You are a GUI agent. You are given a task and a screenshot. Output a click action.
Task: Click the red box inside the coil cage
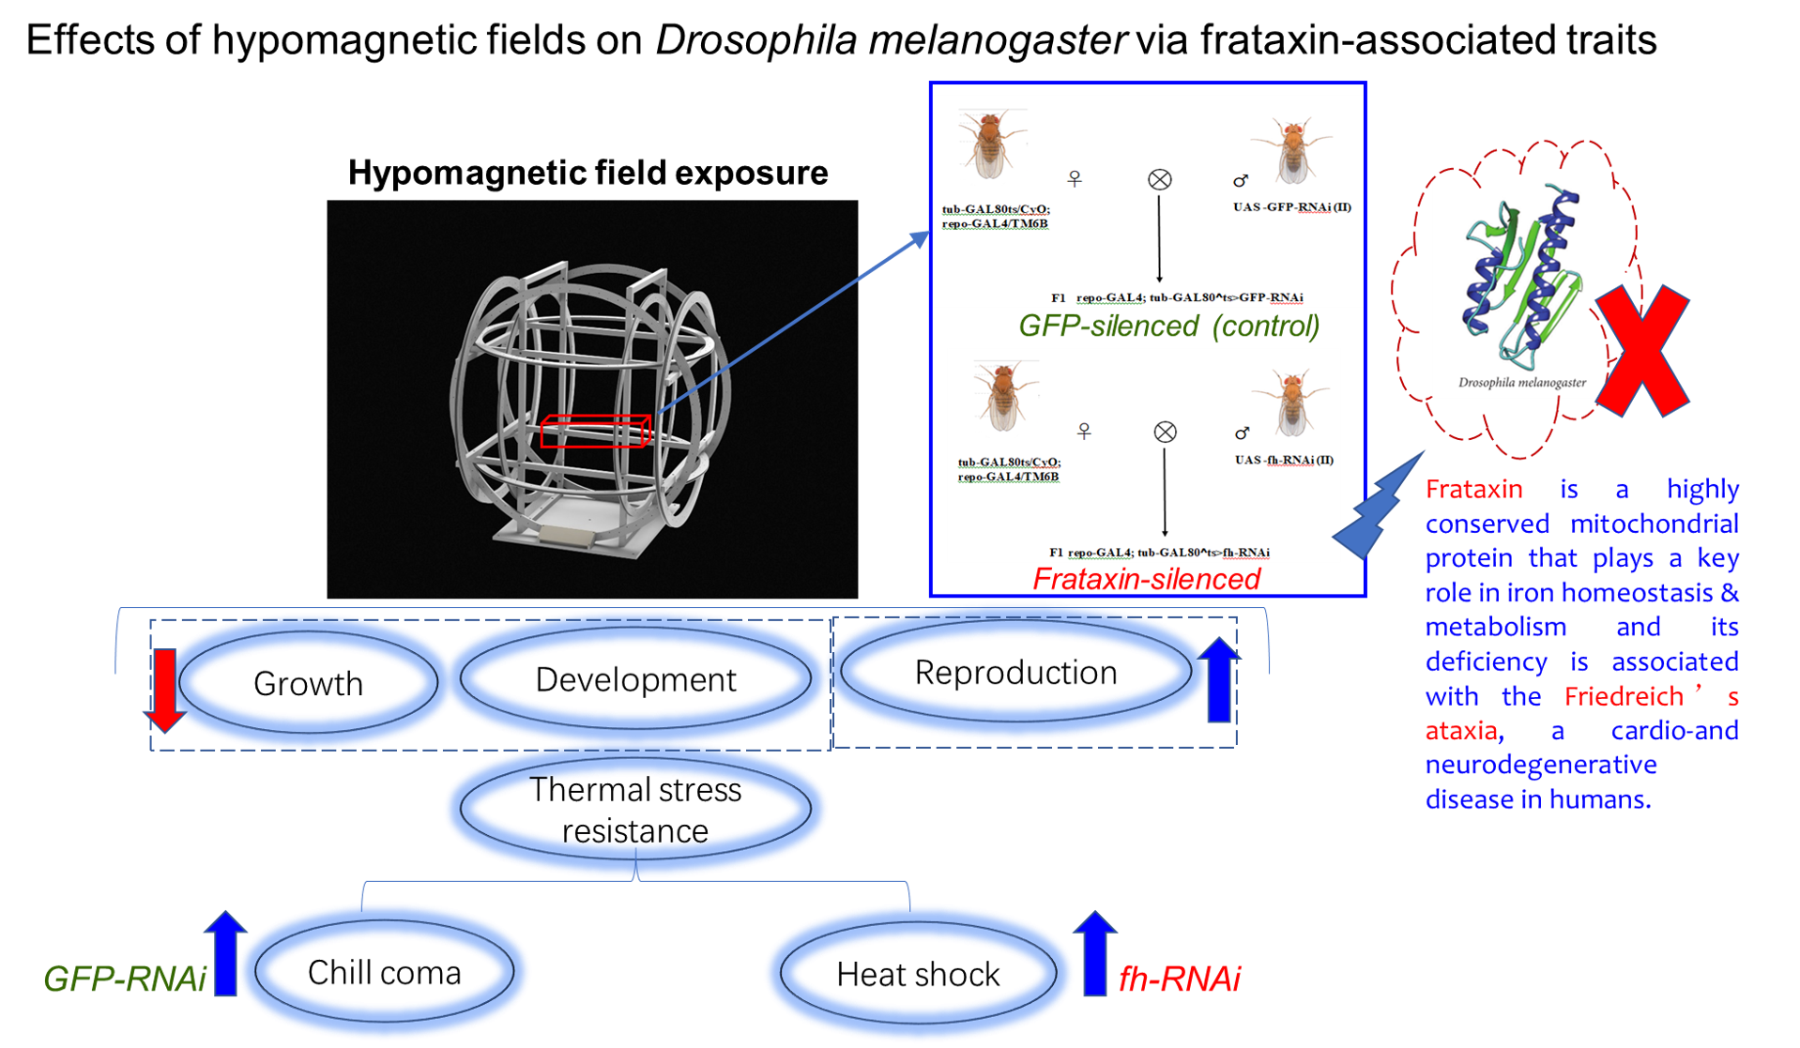[595, 431]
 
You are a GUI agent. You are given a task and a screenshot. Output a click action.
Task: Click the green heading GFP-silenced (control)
[1168, 326]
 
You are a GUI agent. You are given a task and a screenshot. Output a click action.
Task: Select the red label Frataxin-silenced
[1146, 579]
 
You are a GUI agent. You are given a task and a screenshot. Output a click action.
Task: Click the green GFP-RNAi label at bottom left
[125, 979]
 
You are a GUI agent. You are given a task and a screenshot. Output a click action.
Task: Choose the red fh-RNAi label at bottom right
[1179, 979]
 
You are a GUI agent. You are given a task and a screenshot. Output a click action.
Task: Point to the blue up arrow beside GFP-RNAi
[225, 952]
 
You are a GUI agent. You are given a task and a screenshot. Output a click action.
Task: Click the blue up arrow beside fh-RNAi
[1094, 952]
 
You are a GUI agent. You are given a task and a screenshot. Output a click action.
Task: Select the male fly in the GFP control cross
[1292, 150]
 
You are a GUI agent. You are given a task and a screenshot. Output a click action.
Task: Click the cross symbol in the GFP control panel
[1160, 179]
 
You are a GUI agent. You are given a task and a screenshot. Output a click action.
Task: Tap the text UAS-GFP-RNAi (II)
[1292, 207]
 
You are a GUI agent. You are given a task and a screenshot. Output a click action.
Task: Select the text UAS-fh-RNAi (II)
[1284, 460]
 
